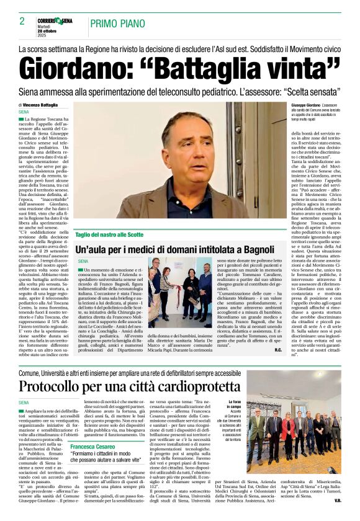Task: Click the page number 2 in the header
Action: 22,21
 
